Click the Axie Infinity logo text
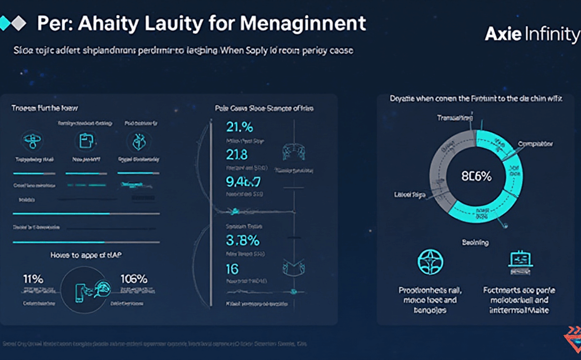[532, 34]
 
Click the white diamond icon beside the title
[19, 24]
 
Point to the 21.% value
[239, 127]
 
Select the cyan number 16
[232, 269]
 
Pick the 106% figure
[132, 279]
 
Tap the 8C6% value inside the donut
[476, 176]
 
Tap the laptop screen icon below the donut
[520, 261]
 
